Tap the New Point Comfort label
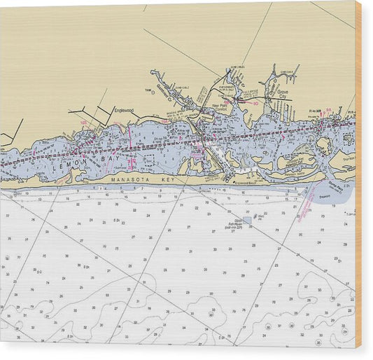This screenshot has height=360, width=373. click(x=220, y=108)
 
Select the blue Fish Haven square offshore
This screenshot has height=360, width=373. click(x=247, y=219)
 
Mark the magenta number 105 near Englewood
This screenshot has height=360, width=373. click(x=83, y=123)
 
